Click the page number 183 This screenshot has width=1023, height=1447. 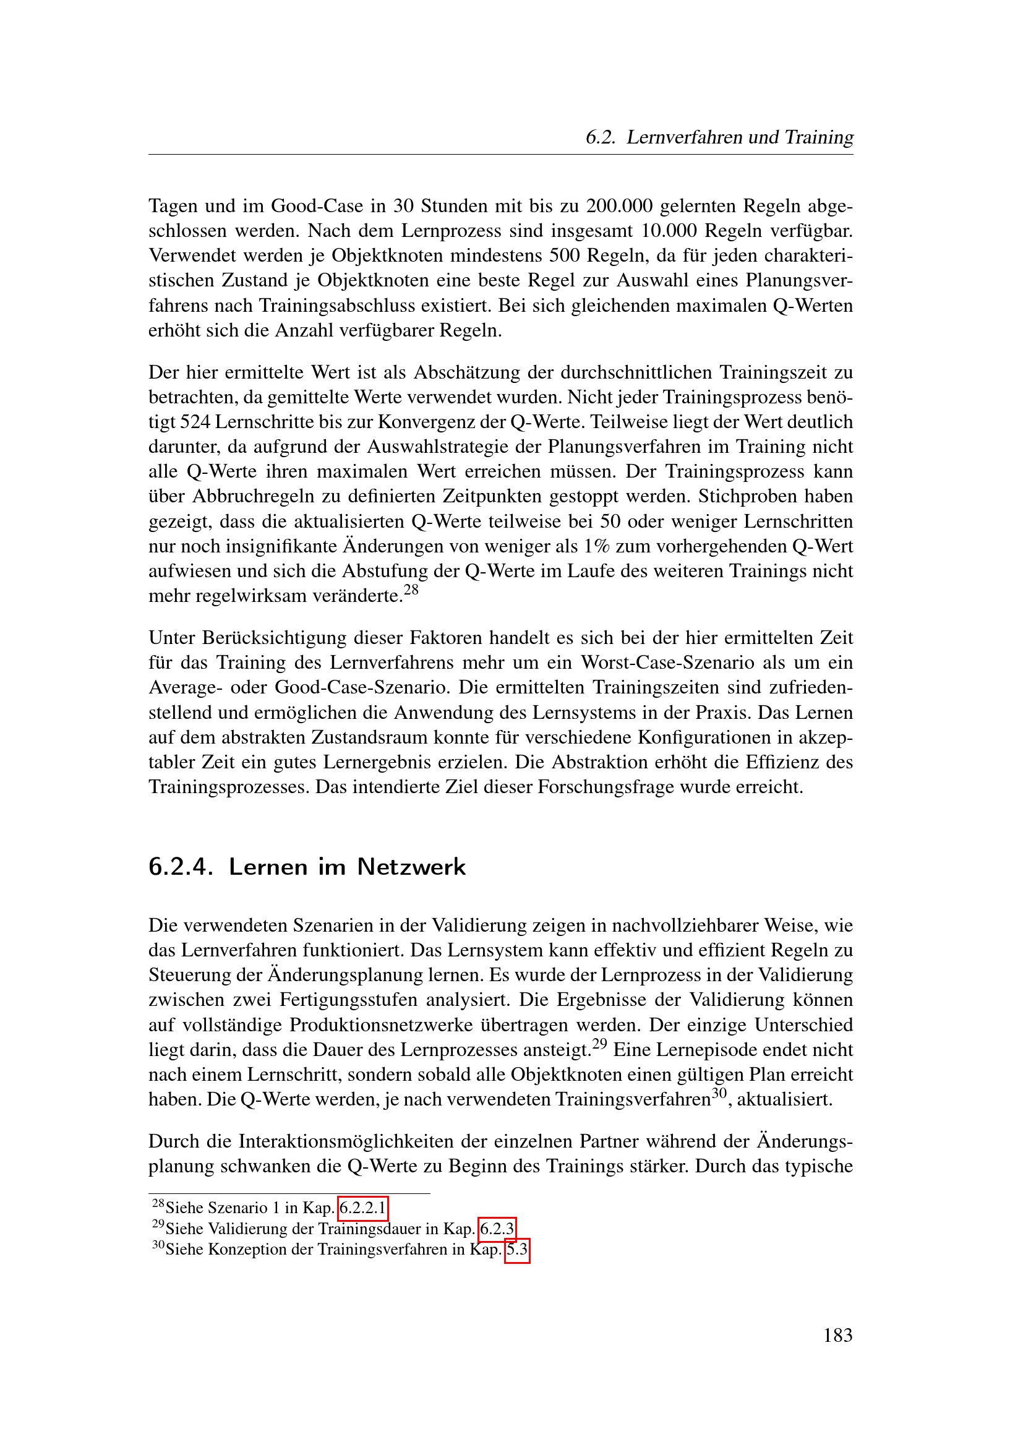(x=837, y=1335)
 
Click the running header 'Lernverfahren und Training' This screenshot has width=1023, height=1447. (x=740, y=137)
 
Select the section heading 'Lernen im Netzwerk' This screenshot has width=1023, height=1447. (x=347, y=867)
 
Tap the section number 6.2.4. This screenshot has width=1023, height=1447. (x=180, y=867)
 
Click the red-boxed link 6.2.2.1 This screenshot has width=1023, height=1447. (x=362, y=1208)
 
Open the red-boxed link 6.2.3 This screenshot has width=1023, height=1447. (x=497, y=1229)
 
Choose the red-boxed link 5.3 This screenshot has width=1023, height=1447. (x=516, y=1249)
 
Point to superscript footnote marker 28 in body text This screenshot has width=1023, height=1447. (x=411, y=590)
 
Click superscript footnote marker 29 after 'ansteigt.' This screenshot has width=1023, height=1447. (x=599, y=1044)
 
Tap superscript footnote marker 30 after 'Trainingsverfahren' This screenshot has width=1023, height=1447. (x=719, y=1093)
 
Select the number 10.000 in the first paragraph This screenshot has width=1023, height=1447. (x=669, y=231)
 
